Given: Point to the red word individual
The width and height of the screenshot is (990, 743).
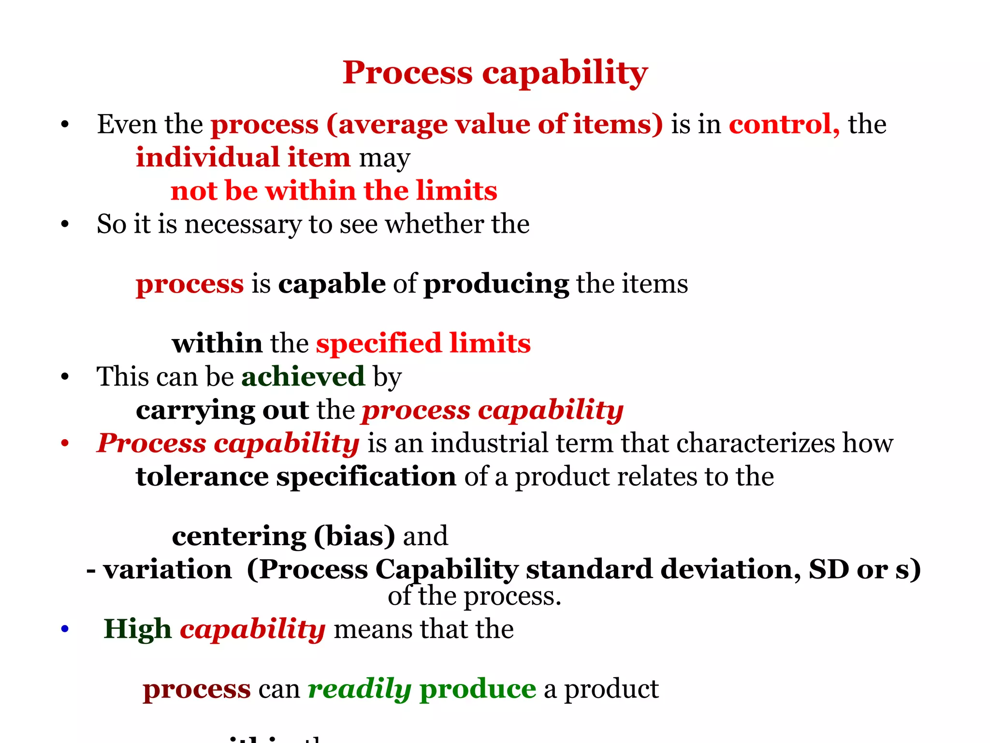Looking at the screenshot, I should pos(207,158).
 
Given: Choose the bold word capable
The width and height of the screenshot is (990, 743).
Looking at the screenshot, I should pos(332,283).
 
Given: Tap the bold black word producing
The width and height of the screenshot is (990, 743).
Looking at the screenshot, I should pos(496,284).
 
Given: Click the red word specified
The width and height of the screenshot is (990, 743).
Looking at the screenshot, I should pos(379,343).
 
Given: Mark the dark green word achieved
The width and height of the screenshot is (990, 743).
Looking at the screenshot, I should pos(303,376).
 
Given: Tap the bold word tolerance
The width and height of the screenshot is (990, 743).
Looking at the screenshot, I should pos(202,476).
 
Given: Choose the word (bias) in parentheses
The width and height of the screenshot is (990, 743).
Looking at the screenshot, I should pos(354,536).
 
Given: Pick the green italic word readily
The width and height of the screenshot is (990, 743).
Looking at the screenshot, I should pos(359,689).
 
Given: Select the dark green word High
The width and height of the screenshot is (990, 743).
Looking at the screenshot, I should pos(137,629).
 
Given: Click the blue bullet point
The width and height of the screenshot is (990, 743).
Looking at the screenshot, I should pos(65,629).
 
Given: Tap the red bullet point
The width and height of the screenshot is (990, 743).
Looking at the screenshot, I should pos(65,443).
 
